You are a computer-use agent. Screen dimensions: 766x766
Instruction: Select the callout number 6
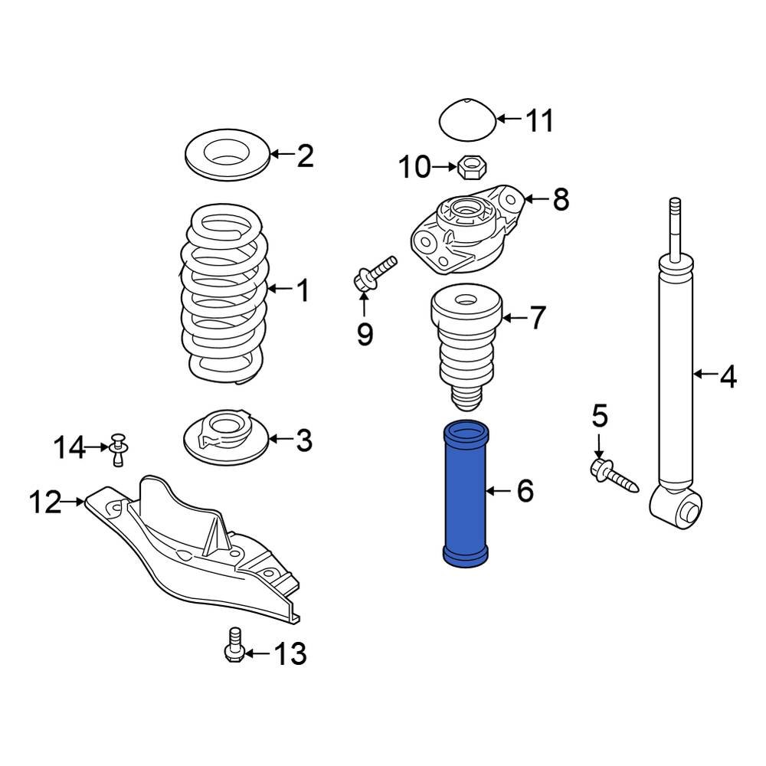click(525, 491)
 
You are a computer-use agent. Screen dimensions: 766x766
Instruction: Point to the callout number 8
click(561, 200)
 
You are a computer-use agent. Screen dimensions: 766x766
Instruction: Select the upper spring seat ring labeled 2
click(227, 155)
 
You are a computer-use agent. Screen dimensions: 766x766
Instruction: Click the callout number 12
click(45, 502)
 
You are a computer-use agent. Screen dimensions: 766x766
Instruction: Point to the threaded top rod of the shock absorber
click(675, 222)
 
